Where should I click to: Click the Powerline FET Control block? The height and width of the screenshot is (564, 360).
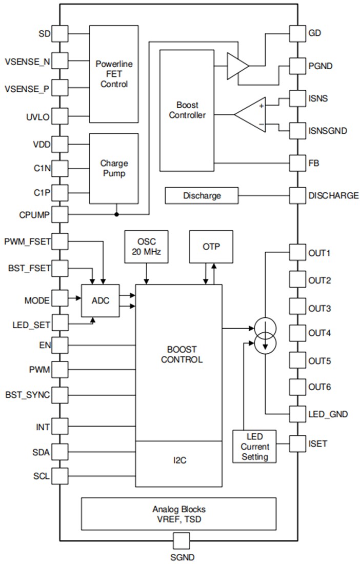pyautogui.click(x=114, y=74)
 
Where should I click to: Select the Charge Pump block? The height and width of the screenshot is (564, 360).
pyautogui.click(x=114, y=168)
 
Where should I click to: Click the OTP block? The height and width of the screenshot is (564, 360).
pyautogui.click(x=211, y=247)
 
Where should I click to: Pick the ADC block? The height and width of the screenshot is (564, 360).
pyautogui.click(x=100, y=300)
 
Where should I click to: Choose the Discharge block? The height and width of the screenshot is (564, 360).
pyautogui.click(x=202, y=195)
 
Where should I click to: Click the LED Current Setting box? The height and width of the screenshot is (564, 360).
pyautogui.click(x=254, y=446)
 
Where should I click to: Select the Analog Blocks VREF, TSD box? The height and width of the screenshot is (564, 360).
pyautogui.click(x=178, y=513)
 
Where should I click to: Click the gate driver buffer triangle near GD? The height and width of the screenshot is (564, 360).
pyautogui.click(x=237, y=66)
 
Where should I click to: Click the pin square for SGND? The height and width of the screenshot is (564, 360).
pyautogui.click(x=181, y=540)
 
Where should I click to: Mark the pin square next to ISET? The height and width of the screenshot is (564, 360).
pyautogui.click(x=297, y=442)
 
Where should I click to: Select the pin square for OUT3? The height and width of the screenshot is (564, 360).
pyautogui.click(x=297, y=308)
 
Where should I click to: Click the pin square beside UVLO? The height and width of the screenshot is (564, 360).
pyautogui.click(x=60, y=116)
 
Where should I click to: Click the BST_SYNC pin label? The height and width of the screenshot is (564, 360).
pyautogui.click(x=28, y=395)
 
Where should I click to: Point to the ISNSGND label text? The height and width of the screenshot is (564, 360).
pyautogui.click(x=328, y=131)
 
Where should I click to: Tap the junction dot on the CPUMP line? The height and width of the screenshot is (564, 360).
pyautogui.click(x=117, y=214)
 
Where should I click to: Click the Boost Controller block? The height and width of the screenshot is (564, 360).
pyautogui.click(x=187, y=110)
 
